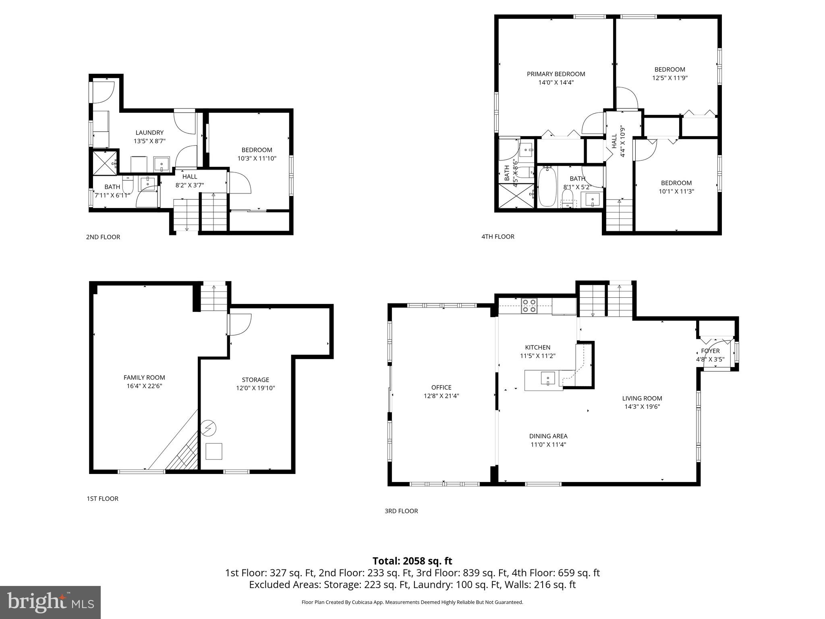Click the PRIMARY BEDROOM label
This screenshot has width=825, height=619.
[556, 74]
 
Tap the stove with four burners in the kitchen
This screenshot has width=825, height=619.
[529, 306]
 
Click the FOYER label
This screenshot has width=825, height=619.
[710, 351]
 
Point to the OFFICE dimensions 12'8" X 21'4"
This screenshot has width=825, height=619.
[441, 396]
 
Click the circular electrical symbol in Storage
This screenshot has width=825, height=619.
[209, 428]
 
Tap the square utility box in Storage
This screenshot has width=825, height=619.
[214, 451]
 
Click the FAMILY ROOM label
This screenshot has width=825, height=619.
[144, 378]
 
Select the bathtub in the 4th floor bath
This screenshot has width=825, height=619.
[547, 187]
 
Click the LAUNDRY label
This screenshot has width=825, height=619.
[149, 133]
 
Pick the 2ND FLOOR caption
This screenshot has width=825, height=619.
[103, 237]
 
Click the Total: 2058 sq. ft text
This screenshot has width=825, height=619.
[412, 561]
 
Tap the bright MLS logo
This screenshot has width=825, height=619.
[50, 602]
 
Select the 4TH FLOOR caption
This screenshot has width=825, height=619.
[498, 237]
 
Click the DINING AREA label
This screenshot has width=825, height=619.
[548, 436]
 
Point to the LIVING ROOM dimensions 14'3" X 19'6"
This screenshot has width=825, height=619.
[642, 407]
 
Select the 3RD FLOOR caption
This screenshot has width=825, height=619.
[401, 511]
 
